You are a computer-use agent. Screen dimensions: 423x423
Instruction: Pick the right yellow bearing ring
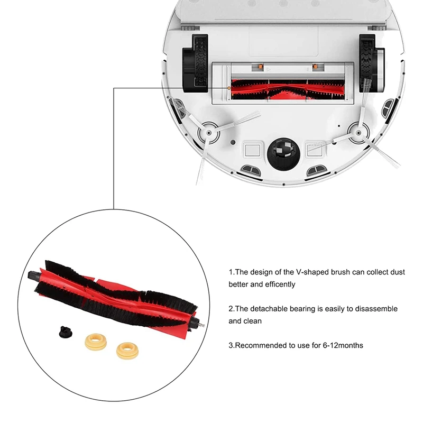point(125,350)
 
